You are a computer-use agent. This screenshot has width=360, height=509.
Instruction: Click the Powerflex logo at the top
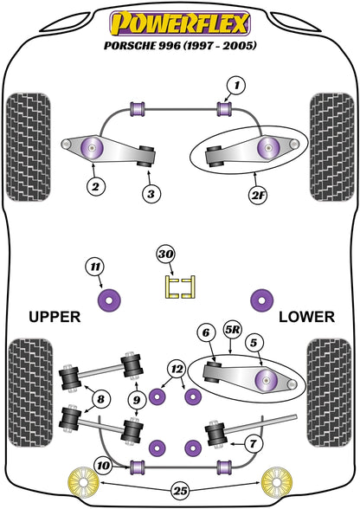[180, 23]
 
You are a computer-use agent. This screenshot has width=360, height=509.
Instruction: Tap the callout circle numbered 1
[236, 86]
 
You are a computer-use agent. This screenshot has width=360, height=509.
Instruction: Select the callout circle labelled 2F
[258, 195]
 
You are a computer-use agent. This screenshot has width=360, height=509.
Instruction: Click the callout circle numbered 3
[151, 194]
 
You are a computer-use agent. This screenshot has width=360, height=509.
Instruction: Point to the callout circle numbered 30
[166, 254]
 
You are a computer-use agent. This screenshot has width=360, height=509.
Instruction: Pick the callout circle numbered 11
[95, 267]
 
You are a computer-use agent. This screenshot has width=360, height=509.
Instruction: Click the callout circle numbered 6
[206, 332]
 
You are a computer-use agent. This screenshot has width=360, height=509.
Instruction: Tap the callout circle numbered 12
[177, 369]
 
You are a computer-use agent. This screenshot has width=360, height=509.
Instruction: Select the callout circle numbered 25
[181, 491]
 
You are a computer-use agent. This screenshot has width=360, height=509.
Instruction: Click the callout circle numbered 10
[104, 466]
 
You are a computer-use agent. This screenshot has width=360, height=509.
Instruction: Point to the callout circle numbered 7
[254, 443]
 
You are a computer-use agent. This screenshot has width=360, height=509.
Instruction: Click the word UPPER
[55, 317]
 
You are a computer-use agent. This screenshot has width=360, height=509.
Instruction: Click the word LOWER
[306, 317]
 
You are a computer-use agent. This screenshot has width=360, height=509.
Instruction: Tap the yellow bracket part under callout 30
[180, 287]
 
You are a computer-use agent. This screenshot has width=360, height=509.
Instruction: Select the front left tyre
[29, 147]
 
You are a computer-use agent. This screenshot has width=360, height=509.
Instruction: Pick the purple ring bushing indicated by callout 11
[109, 300]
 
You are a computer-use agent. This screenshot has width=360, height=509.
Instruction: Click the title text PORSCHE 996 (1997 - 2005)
[180, 45]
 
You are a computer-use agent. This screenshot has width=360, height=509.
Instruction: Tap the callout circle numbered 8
[100, 398]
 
